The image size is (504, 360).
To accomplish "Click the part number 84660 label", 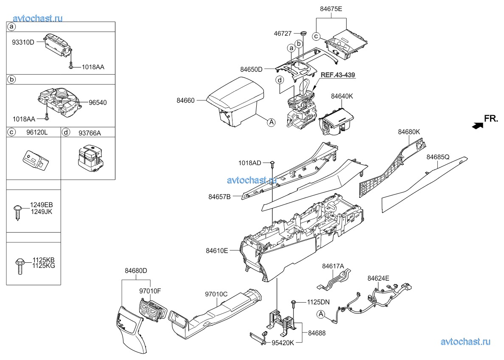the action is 185,100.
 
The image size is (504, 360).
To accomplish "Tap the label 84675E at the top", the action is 331,9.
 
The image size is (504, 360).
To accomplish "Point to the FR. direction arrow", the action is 478,126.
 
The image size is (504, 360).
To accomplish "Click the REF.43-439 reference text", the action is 338,75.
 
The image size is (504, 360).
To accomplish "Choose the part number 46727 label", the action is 283,34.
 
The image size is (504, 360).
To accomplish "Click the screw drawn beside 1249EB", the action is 18,212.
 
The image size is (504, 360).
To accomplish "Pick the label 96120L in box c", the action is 37,132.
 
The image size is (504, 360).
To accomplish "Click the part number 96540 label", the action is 98,103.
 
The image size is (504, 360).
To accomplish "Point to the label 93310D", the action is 23,42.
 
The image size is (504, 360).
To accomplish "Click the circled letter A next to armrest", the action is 272,122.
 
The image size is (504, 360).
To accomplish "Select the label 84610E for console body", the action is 217,250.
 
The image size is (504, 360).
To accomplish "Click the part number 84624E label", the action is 378,278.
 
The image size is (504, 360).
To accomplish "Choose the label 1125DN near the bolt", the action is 318,302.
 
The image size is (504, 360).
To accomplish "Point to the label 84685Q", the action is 438,157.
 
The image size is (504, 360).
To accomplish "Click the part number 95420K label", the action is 283,343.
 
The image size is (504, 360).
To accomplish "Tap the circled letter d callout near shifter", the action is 280,79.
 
